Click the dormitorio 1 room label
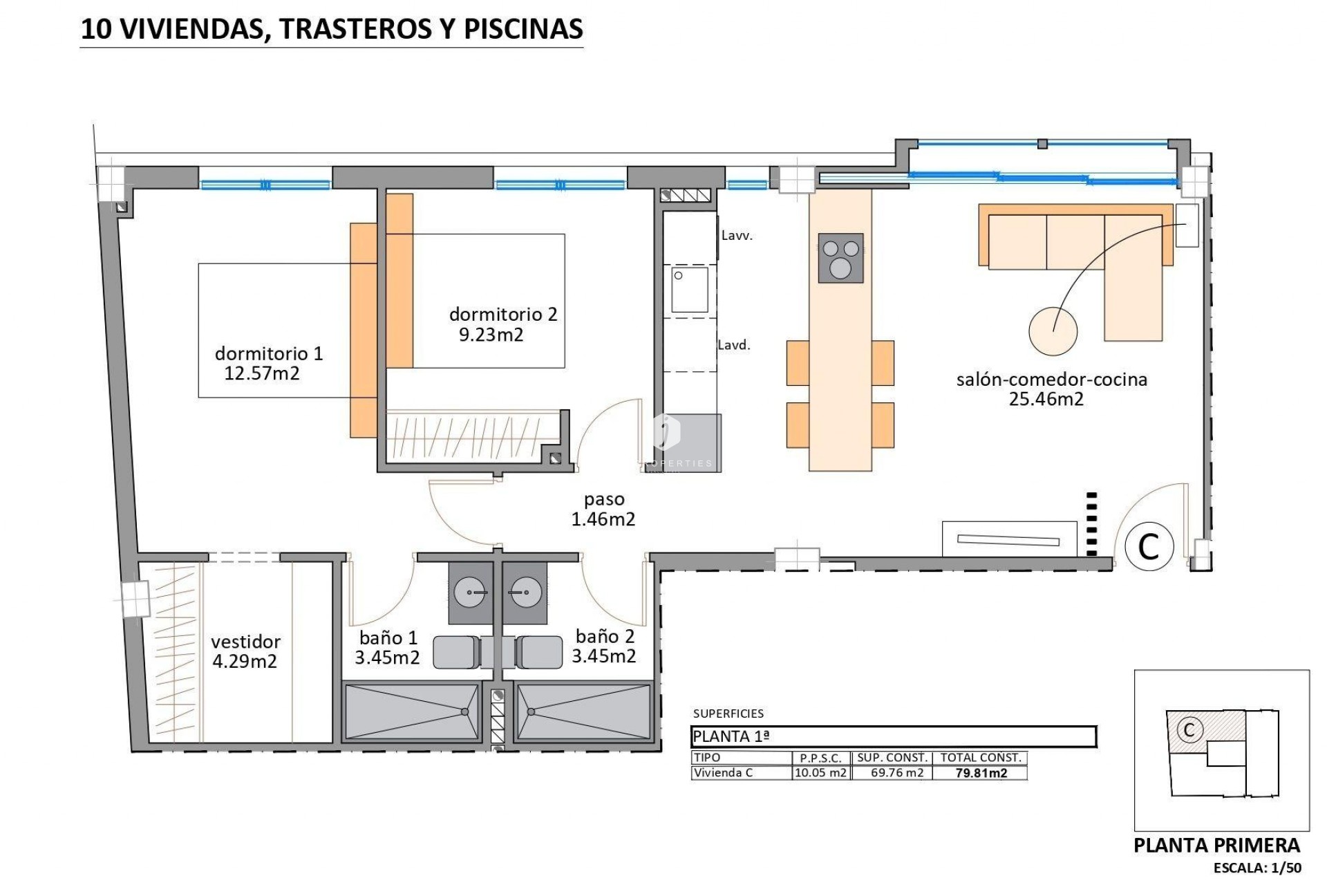(268, 353)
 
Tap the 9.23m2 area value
(491, 335)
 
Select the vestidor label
(245, 642)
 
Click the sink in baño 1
(471, 593)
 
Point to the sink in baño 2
(525, 593)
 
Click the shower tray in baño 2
(583, 712)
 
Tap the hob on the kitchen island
(840, 258)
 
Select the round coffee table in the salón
(1053, 331)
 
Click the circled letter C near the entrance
(1149, 547)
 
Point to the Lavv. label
(737, 235)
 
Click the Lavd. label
(734, 345)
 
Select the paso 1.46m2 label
(603, 509)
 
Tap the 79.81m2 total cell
(981, 773)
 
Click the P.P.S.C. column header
(820, 758)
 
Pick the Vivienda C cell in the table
(723, 773)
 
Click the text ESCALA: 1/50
(1257, 868)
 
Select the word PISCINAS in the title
(523, 28)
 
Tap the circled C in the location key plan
(1189, 729)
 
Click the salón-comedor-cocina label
(1051, 379)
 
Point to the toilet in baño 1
(456, 652)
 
